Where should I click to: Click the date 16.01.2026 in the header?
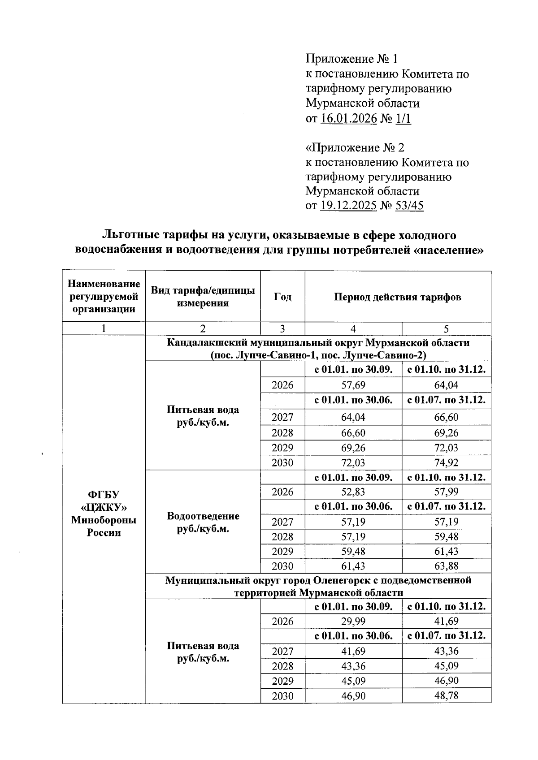point(349,119)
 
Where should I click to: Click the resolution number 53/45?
point(408,206)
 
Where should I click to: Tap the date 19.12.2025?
point(349,206)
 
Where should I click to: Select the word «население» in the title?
point(448,250)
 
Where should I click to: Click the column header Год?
point(282,297)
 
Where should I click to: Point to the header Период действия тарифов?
point(398,297)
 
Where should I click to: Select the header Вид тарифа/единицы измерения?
point(203,297)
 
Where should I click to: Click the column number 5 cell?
point(446,329)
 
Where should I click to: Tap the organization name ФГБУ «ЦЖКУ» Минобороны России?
point(104,514)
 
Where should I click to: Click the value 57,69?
point(353,385)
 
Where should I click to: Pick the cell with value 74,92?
point(446,462)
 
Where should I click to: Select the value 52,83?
point(353,492)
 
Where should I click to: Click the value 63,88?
point(446,566)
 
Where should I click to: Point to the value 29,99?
point(353,622)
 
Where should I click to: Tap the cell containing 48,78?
point(446,696)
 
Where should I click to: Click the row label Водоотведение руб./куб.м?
point(203,522)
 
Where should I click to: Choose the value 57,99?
point(446,492)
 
